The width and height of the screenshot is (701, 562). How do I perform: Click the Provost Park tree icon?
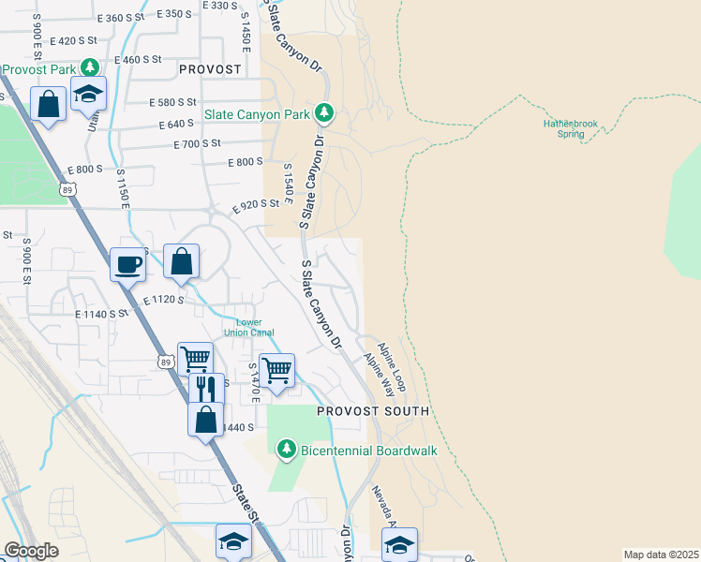pos(89,68)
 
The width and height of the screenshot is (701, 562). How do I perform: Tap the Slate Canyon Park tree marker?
pos(324,114)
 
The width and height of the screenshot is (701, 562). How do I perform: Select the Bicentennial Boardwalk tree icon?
pos(289,451)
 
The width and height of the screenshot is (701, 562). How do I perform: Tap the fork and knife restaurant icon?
pos(205,388)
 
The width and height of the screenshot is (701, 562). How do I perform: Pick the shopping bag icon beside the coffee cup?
pos(182,261)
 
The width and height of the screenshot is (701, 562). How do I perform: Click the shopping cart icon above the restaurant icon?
pos(195,358)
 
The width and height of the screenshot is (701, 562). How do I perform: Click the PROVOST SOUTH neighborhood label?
pos(372,411)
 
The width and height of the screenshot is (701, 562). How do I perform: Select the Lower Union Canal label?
pos(248,327)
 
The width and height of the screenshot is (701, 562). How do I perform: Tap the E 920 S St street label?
pos(257,206)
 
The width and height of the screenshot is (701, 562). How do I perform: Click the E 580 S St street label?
pos(172,102)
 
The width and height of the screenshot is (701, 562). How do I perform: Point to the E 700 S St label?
pos(197,144)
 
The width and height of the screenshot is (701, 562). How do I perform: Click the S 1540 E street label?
pos(289,185)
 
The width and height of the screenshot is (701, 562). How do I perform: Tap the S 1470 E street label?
pos(254,384)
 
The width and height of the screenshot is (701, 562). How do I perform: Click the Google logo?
pos(32,551)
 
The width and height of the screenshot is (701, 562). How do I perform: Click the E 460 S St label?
pos(139,59)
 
